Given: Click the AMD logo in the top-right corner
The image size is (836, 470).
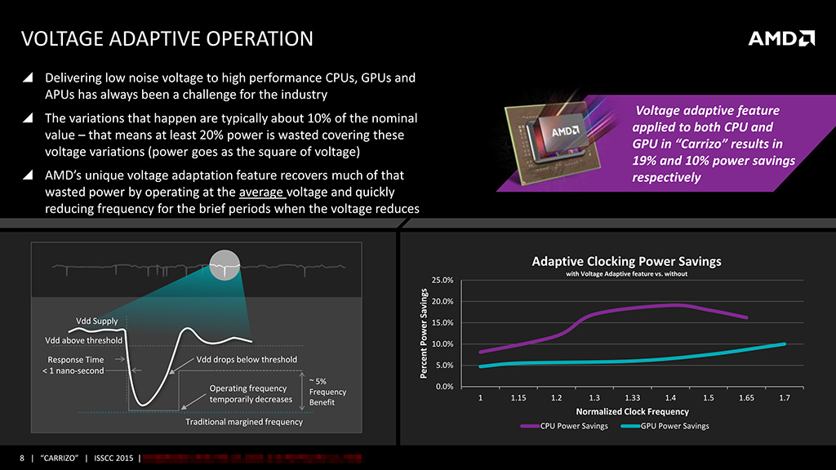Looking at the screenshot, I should pyautogui.click(x=781, y=38).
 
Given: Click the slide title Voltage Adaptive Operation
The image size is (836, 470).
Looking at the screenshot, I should pyautogui.click(x=167, y=38).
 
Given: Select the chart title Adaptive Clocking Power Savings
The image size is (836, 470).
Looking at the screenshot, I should pyautogui.click(x=626, y=262).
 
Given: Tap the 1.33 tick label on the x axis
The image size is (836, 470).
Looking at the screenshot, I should pyautogui.click(x=632, y=398).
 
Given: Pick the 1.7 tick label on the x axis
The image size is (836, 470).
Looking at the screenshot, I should pyautogui.click(x=784, y=398).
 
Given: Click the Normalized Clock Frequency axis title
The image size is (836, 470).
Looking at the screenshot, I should pyautogui.click(x=632, y=412).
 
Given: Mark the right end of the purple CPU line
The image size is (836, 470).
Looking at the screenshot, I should pyautogui.click(x=746, y=317).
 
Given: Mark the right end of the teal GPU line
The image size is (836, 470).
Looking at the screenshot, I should pyautogui.click(x=784, y=344).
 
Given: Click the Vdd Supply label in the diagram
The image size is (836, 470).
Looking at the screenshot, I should pyautogui.click(x=86, y=320).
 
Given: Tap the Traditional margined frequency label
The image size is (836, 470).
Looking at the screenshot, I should pyautogui.click(x=244, y=422).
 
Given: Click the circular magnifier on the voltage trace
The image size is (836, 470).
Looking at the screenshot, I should pyautogui.click(x=225, y=264).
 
